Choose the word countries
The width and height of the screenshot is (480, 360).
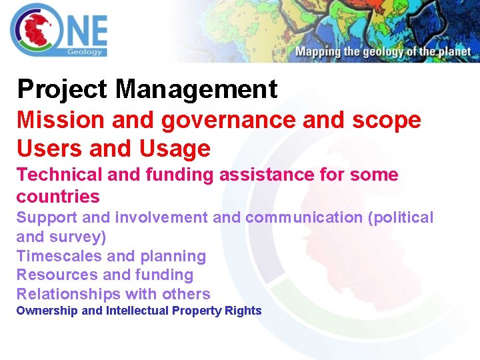tap(58, 197)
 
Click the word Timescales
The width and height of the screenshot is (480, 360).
tap(59, 256)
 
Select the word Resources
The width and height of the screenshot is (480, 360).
tap(57, 275)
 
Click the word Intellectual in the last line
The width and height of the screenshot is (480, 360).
tap(137, 311)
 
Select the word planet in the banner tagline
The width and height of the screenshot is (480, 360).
tap(452, 52)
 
